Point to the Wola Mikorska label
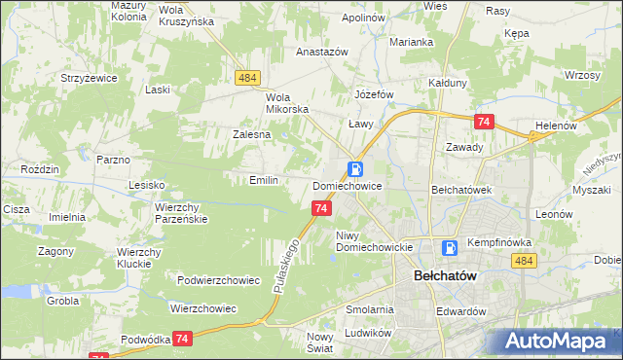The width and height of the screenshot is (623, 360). pos(286,103)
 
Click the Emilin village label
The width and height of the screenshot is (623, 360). pos(264,180)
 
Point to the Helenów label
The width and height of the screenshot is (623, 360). pos(557,126)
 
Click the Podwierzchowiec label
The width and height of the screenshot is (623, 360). pos(218,280)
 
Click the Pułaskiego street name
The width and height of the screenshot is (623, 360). pos(282,266)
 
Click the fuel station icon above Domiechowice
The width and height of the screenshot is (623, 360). pos(355,168)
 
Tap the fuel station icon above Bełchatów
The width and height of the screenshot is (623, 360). pos(450,248)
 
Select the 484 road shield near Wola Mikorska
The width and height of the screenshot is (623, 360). pos(245,77)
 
